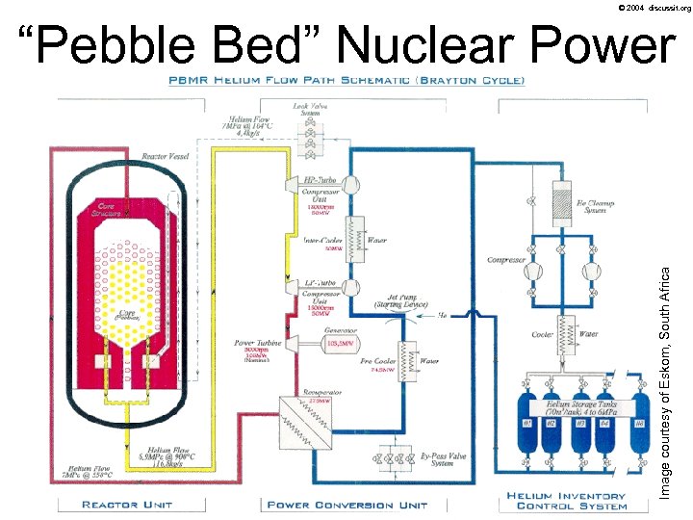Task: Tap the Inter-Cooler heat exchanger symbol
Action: pos(351,235)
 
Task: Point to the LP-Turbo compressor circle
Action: pos(351,287)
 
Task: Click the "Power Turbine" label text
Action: pos(258,342)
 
